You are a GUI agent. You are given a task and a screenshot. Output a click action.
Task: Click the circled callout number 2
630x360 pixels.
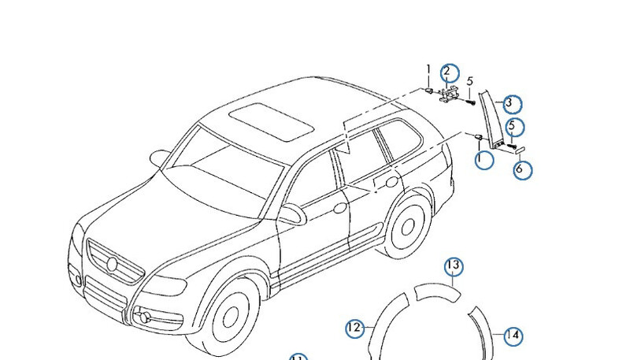click(x=447, y=72)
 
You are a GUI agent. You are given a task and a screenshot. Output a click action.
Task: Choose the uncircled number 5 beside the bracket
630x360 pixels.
click(x=470, y=81)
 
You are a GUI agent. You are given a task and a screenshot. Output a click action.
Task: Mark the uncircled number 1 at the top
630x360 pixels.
click(x=429, y=70)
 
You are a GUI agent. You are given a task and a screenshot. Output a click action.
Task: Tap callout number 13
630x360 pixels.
click(x=453, y=266)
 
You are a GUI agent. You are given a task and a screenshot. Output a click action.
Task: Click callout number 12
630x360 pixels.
click(x=354, y=327)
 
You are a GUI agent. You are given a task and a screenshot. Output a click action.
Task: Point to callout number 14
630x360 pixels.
click(x=513, y=336)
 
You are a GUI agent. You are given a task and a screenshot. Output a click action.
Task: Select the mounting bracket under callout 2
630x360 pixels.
click(x=448, y=95)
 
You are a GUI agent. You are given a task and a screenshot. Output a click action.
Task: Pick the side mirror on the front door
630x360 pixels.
click(x=292, y=213)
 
